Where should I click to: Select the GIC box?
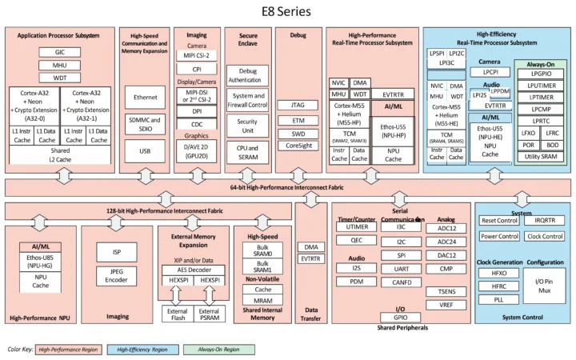click(x=61, y=52)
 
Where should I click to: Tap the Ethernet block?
click(x=146, y=97)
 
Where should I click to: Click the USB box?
click(x=146, y=151)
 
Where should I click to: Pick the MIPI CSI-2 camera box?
click(x=197, y=56)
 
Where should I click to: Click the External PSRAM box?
click(x=210, y=314)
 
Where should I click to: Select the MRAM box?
click(x=263, y=299)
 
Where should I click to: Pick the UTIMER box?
click(x=357, y=227)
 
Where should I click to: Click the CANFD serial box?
click(x=402, y=282)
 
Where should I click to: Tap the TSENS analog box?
click(x=446, y=291)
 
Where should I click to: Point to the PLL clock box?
click(x=499, y=298)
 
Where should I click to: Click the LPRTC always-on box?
click(x=542, y=120)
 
